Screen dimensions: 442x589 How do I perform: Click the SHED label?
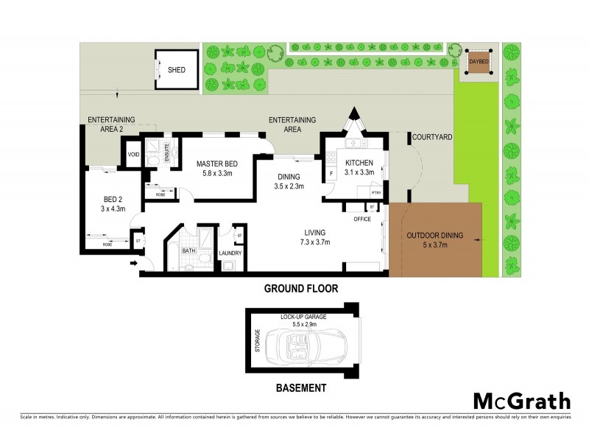[177, 70]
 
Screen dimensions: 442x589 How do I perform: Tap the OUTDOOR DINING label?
[434, 236]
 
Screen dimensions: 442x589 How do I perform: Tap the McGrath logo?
[521, 401]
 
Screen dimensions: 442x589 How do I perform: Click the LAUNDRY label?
[230, 254]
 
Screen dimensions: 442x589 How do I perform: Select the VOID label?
[133, 155]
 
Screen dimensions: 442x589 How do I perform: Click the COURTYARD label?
[431, 137]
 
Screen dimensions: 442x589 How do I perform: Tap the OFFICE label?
[361, 219]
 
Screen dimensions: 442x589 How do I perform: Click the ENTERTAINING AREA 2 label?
[111, 124]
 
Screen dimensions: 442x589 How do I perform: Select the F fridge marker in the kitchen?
[332, 174]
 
